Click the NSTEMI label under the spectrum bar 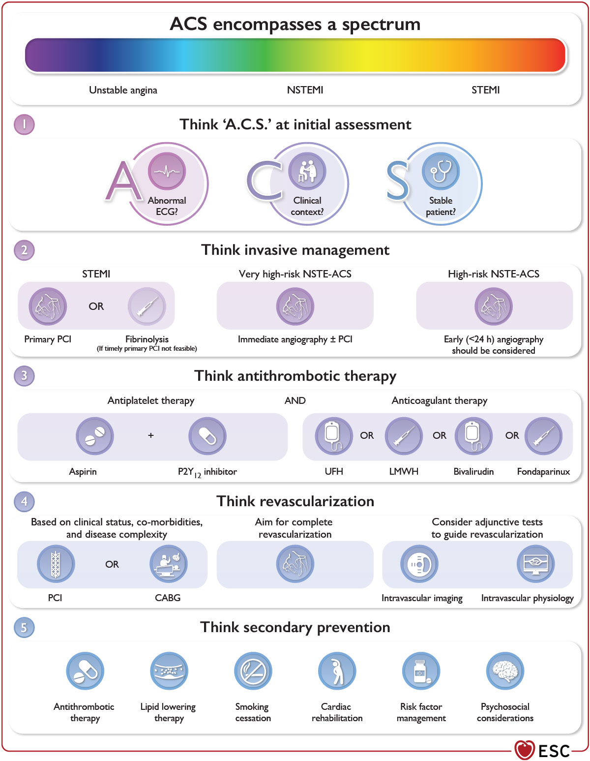coord(305,90)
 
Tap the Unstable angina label coord(123,90)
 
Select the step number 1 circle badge coord(24,124)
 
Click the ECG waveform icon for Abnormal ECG coord(167,171)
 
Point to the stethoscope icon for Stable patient coord(441,171)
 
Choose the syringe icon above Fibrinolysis coord(147,306)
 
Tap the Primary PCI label coord(48,339)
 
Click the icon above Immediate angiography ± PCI coord(295,306)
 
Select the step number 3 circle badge coord(24,376)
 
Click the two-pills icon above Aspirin coord(95,436)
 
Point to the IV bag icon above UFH coord(333,436)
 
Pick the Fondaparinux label coord(543,472)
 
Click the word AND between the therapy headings coord(295,401)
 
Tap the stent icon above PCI coord(56,564)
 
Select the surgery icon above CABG coord(168,564)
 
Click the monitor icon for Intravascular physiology coord(535,564)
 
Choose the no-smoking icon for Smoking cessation coord(253,671)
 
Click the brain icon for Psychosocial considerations coord(505,671)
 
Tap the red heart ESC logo coord(525,750)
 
